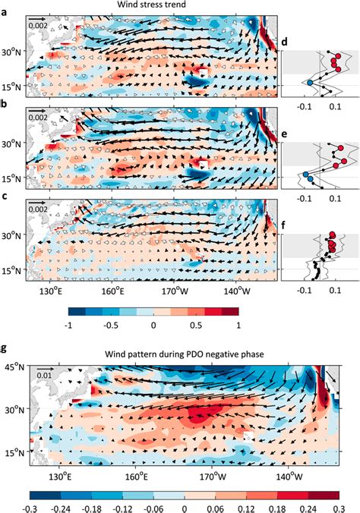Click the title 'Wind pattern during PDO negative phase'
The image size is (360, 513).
pos(184,354)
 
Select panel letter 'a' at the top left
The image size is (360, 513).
pos(4,13)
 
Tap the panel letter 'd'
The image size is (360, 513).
pos(284,42)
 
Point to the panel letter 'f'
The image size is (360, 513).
pos(284,225)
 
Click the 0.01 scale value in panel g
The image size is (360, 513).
pos(44,375)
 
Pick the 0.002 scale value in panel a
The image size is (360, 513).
pos(38,25)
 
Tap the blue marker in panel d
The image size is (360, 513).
pos(310,83)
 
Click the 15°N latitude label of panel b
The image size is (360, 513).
pos(14,178)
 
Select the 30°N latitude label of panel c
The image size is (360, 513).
pos(14,235)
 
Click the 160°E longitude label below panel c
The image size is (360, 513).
pos(112,291)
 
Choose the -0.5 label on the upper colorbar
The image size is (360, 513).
pos(111,326)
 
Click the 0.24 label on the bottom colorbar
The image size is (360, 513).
pos(308,508)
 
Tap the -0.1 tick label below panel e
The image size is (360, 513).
pos(304,198)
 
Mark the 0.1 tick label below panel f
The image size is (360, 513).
pos(335,290)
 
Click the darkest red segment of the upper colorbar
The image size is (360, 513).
pos(230,311)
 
